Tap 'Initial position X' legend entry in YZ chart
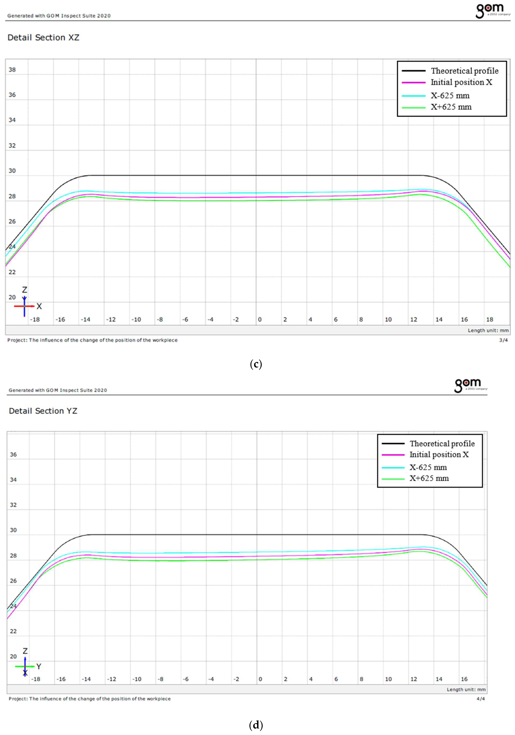(x=439, y=455)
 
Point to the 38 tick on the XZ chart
(x=12, y=69)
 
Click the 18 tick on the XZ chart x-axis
(x=489, y=319)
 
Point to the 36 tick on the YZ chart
(x=13, y=455)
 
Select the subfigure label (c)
(x=256, y=364)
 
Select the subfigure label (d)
(x=256, y=725)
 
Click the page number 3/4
(x=503, y=340)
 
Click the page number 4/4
(x=480, y=699)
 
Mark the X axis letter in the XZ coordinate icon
(x=39, y=306)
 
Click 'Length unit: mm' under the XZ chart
(x=488, y=330)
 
